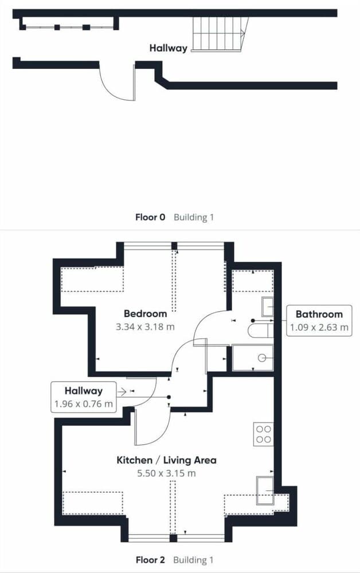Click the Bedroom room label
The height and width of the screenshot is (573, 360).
[x=145, y=313]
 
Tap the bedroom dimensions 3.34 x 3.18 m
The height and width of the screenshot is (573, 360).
[x=145, y=327]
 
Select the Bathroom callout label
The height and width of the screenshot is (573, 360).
[x=319, y=314]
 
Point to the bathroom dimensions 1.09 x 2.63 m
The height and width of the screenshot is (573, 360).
[x=319, y=327]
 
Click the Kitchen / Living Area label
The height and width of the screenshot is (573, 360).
[x=166, y=460]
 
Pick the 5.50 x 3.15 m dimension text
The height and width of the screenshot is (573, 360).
[x=166, y=473]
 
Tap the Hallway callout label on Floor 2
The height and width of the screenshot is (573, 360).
[x=83, y=391]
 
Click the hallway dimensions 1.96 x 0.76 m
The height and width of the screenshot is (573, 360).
[x=83, y=404]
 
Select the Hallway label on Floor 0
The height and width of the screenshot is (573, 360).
[x=168, y=48]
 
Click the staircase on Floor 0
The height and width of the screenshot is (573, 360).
[x=220, y=34]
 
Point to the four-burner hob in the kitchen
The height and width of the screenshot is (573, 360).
[x=264, y=434]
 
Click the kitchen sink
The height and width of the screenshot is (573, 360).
[x=265, y=490]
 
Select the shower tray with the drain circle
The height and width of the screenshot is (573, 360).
[x=253, y=358]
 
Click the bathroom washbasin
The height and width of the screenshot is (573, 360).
[x=268, y=307]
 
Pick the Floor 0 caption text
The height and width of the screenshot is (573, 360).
[x=150, y=217]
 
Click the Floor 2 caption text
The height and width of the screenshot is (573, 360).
[x=150, y=560]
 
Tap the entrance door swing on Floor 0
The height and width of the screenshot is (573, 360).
[x=117, y=83]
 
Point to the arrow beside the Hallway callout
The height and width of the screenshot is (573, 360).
[x=122, y=392]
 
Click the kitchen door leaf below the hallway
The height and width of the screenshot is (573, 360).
[x=136, y=427]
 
